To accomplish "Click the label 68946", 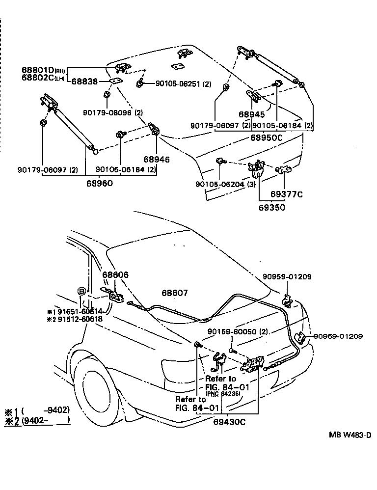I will [157, 159].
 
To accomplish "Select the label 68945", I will [252, 114].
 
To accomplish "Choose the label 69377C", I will [287, 194].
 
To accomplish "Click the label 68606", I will [115, 275].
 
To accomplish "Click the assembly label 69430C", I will [229, 421].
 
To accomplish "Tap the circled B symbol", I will [82, 292].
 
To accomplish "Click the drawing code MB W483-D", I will [350, 435].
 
